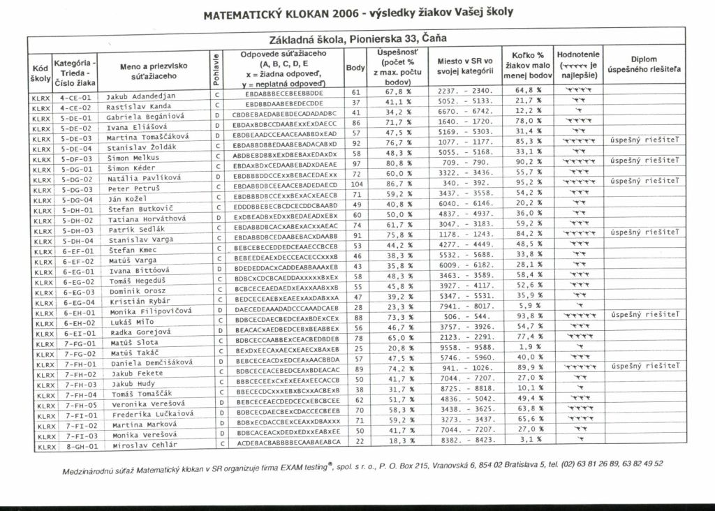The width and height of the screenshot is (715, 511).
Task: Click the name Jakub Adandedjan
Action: click(142, 95)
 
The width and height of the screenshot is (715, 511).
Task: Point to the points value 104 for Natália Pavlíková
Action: click(357, 183)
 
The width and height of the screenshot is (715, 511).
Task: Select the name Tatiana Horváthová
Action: click(147, 219)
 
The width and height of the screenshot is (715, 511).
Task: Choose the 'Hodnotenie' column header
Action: click(578, 65)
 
